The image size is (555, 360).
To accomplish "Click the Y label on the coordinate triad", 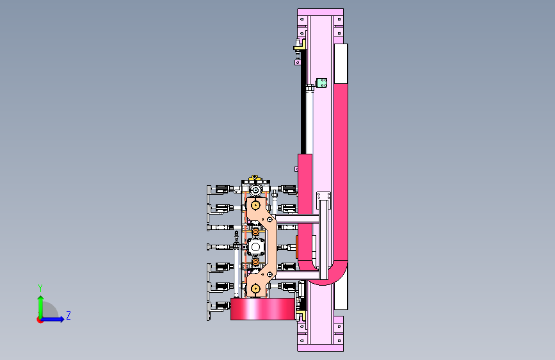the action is click(x=40, y=288).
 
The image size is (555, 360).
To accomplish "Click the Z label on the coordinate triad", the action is click(x=68, y=315).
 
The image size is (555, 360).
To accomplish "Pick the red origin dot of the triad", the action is click(x=40, y=320).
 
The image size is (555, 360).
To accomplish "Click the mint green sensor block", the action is click(x=321, y=83).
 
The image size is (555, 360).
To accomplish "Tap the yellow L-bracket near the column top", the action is click(x=300, y=45).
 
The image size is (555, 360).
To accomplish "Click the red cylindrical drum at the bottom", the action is click(x=262, y=309).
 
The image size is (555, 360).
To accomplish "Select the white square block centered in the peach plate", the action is click(x=255, y=247).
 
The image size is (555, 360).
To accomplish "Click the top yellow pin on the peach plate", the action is click(x=255, y=205).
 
